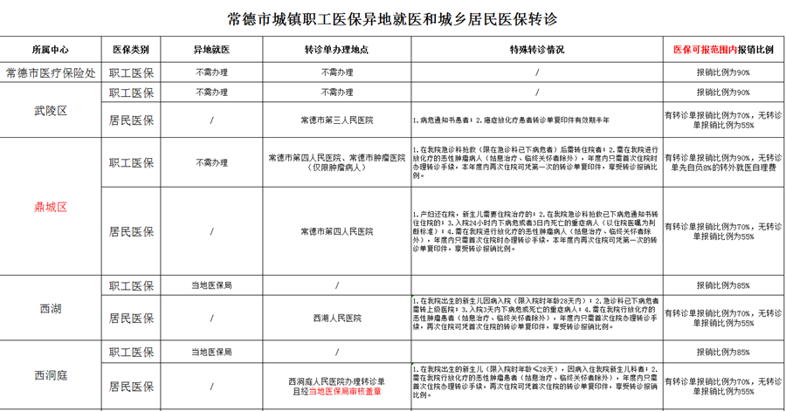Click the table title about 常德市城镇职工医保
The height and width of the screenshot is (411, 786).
392,17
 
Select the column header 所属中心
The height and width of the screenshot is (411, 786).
50,51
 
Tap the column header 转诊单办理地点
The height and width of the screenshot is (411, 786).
336,51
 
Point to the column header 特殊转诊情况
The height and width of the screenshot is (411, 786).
537,51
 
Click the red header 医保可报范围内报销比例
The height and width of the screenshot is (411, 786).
723,51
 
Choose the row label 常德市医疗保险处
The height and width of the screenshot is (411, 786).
50,72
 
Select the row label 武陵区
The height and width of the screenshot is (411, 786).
50,111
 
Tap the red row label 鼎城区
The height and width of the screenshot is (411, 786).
50,207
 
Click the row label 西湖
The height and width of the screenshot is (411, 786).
50,309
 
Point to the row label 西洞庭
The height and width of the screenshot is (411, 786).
50,375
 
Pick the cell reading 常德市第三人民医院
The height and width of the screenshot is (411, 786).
336,120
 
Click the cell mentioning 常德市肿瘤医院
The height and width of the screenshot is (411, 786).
336,162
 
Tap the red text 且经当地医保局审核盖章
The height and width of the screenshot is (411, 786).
336,392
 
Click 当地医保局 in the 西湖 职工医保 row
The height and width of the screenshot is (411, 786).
211,285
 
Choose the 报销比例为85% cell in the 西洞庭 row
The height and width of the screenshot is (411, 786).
723,353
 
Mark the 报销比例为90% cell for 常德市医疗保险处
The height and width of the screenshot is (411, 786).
723,72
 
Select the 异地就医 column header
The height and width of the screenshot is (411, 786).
211,51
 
